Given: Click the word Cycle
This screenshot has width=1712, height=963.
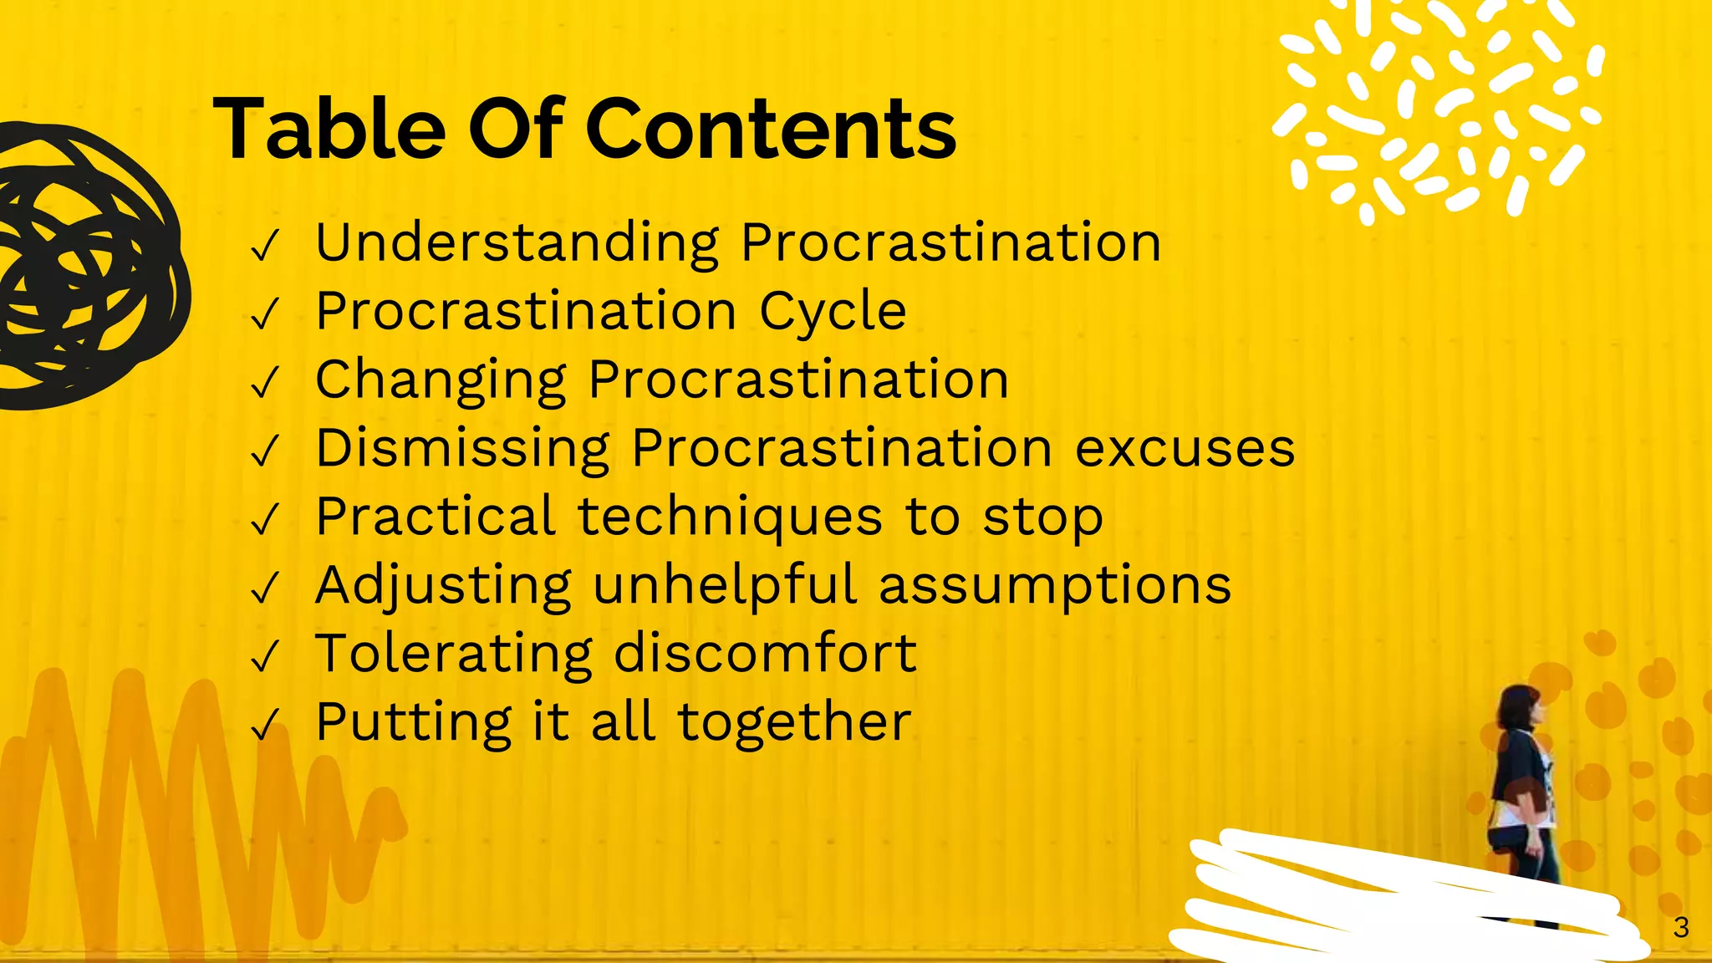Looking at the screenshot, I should coord(833,312).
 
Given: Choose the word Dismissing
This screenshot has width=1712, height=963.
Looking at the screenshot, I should coord(462,449).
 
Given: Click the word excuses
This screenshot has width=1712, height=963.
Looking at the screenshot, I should coord(1185,449).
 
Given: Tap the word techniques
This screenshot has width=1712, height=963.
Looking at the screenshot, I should coord(730,517).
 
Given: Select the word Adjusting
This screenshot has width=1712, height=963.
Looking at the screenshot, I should coord(443,586).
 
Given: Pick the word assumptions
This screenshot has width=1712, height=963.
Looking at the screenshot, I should coord(1055,586).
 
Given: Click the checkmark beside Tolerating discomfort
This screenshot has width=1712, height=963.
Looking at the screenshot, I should coord(264,656).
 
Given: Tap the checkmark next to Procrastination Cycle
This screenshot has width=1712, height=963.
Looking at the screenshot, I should coord(264,314).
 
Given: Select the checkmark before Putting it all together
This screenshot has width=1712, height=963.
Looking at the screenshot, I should coord(264,725).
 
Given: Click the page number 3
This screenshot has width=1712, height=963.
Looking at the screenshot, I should coord(1681,927).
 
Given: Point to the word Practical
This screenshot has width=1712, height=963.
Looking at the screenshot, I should coord(436,517).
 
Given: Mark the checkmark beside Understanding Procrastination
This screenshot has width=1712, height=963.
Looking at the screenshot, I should coord(264,246).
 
